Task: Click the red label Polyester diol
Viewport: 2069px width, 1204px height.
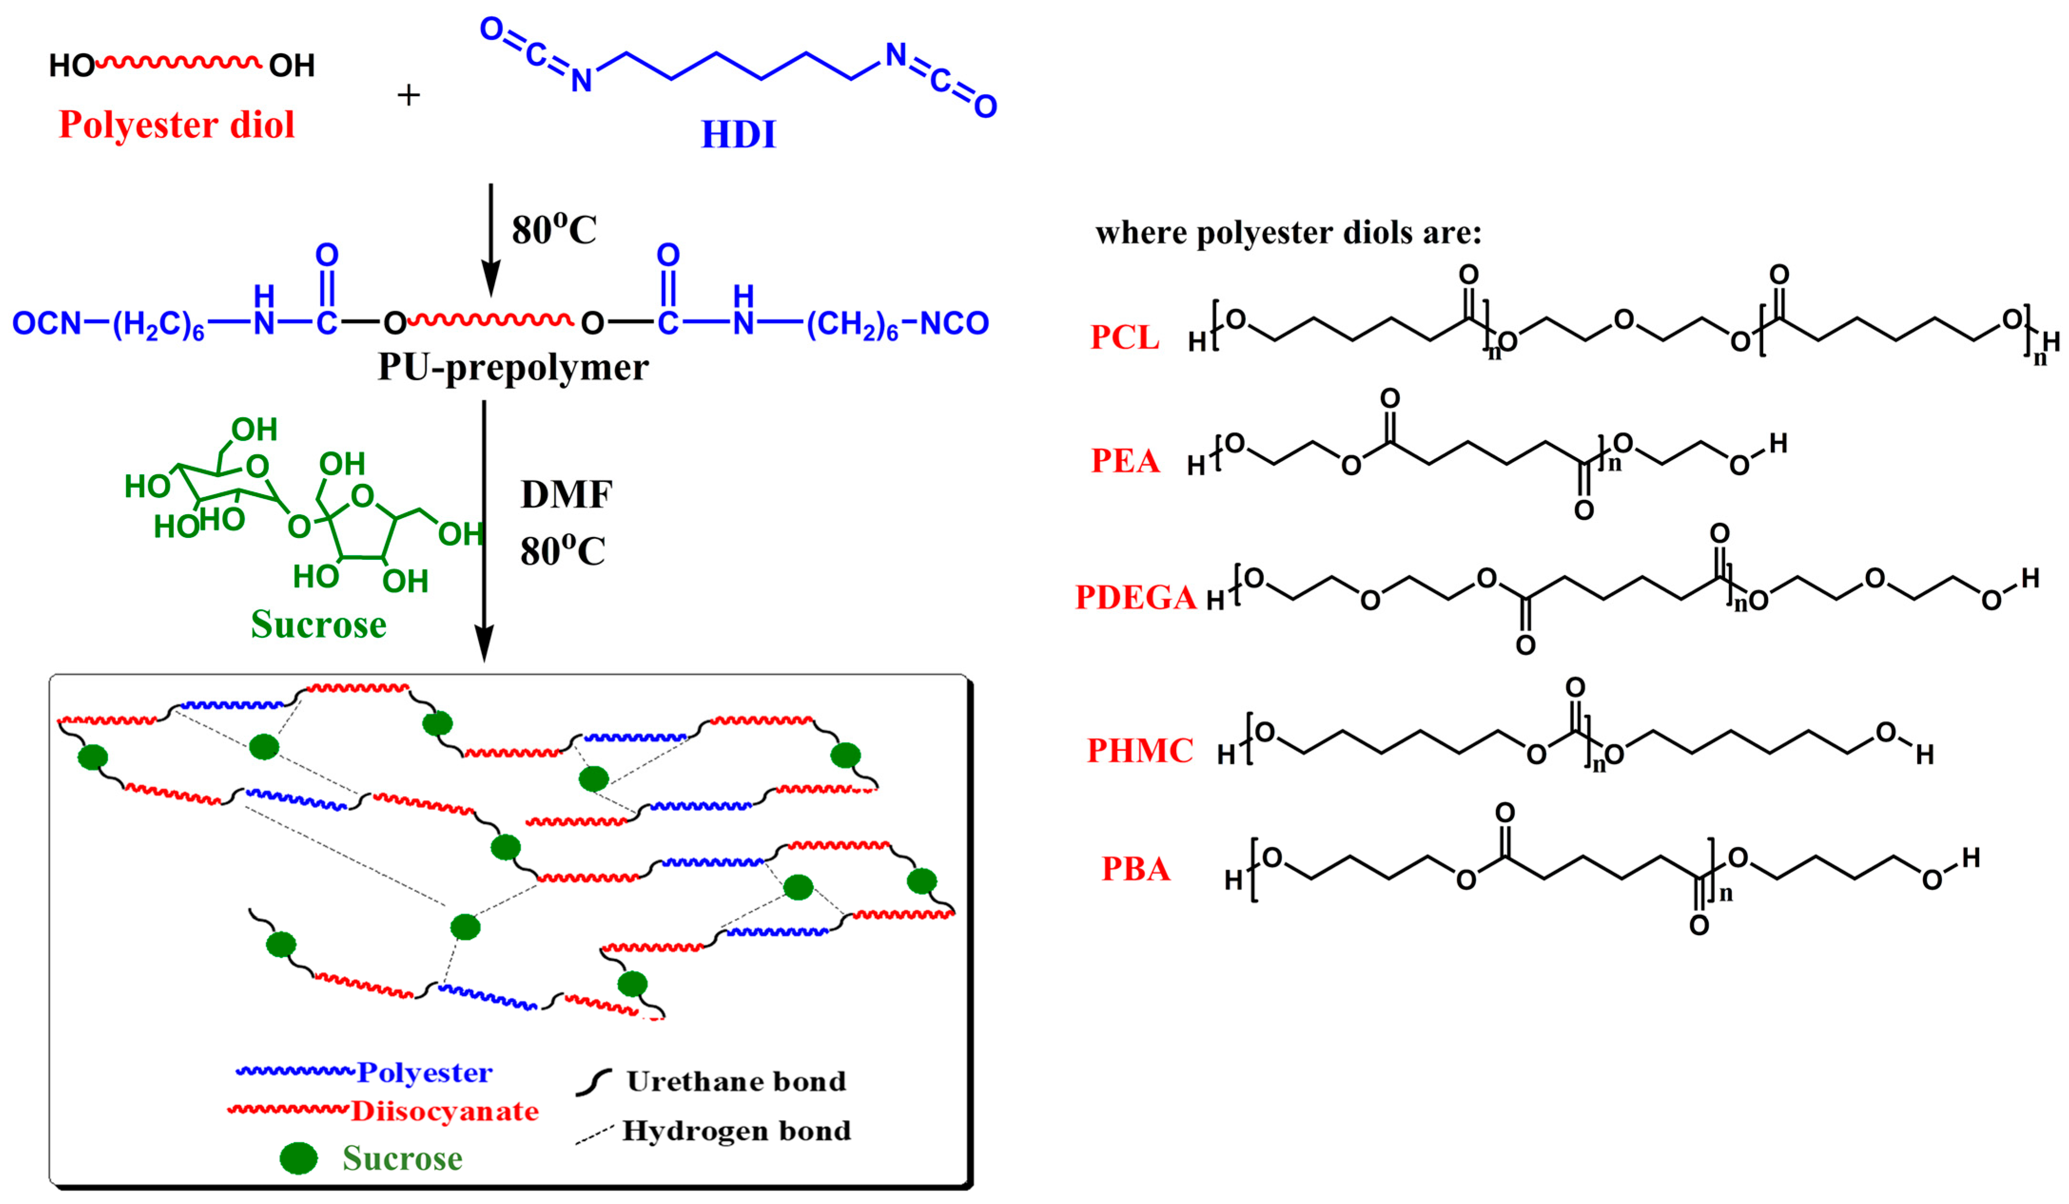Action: click(x=176, y=125)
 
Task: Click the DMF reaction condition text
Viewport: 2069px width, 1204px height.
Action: click(x=566, y=494)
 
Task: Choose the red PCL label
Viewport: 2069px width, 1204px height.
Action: click(x=1125, y=338)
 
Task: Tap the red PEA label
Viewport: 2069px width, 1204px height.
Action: click(x=1125, y=461)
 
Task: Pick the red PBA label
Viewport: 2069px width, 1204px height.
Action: click(x=1136, y=869)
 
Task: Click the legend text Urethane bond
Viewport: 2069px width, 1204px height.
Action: click(x=737, y=1082)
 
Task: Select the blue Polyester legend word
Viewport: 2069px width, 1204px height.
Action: click(x=425, y=1073)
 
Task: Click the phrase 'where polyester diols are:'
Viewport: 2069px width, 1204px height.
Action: click(x=1288, y=233)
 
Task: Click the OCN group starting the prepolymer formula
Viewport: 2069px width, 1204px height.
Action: click(x=47, y=323)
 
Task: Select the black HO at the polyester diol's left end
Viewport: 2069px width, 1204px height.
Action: click(x=71, y=66)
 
